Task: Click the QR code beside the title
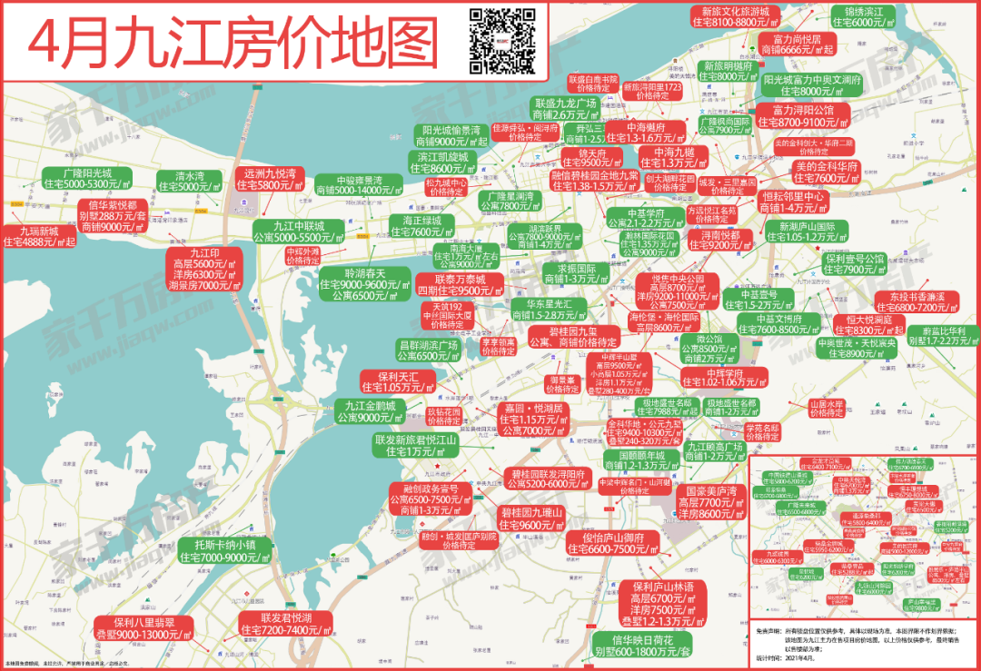[500, 40]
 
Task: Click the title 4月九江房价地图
[233, 41]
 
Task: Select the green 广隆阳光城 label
[87, 178]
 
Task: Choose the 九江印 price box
[203, 269]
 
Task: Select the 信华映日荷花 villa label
[642, 646]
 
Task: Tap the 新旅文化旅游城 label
[736, 15]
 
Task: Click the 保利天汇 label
[397, 381]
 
